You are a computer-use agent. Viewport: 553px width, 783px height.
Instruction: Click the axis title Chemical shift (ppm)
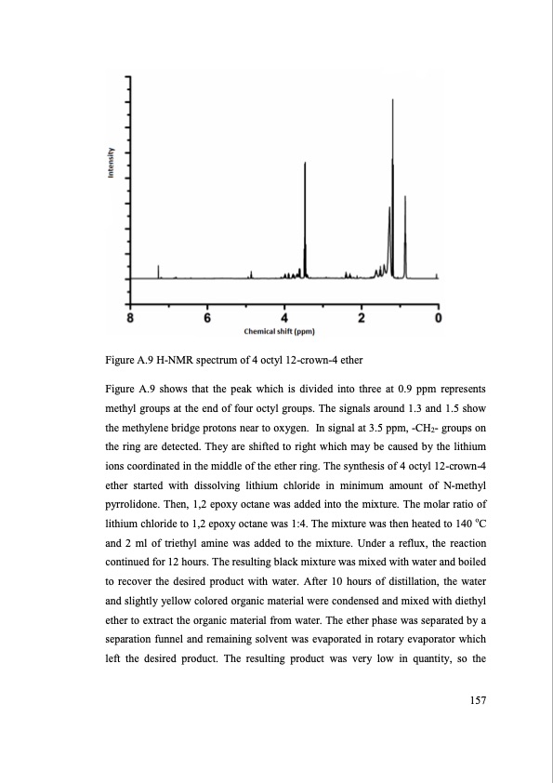coord(280,331)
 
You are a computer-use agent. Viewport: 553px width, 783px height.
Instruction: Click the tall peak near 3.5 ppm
coord(305,164)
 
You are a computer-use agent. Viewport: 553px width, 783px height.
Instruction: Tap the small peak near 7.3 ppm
coord(159,269)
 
